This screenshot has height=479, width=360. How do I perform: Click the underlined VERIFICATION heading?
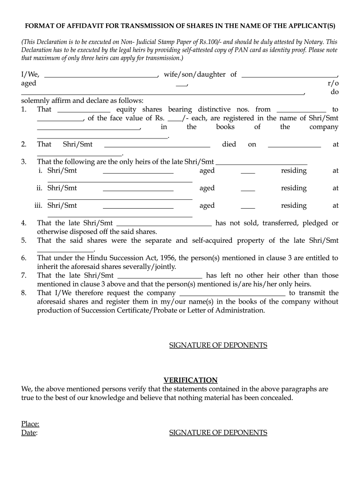tap(190, 380)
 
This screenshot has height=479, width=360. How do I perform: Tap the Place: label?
tap(30, 424)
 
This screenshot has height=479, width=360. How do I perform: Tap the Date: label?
tap(29, 433)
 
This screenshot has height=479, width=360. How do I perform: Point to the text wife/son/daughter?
tap(194, 74)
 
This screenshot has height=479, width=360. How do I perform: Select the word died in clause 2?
tap(229, 145)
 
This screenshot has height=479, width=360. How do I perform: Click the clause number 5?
tap(24, 240)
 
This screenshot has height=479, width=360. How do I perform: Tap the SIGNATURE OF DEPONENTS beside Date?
tap(218, 433)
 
